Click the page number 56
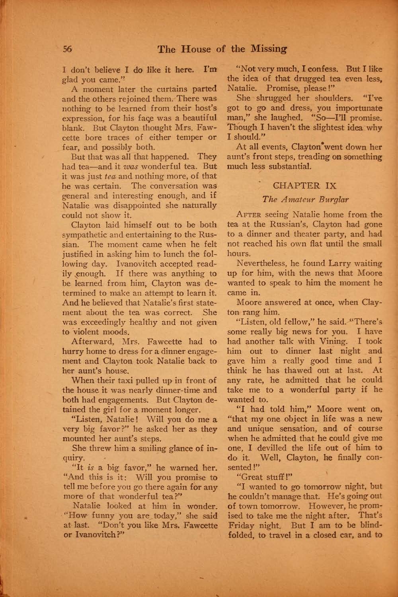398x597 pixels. pos(66,49)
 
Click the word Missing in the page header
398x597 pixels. pos(269,49)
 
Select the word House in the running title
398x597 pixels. pos(194,49)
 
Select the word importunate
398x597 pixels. pos(357,108)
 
